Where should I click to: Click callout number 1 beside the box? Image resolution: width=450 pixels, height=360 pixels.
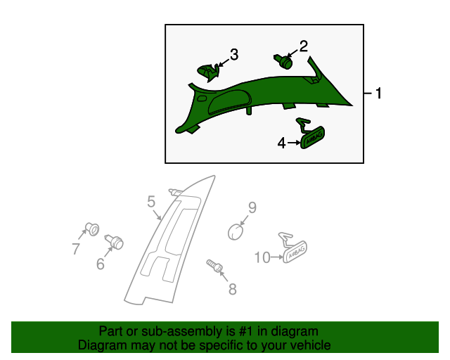click(378, 94)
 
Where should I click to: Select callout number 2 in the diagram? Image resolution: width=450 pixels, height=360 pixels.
click(304, 46)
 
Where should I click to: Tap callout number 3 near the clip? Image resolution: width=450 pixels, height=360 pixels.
click(234, 55)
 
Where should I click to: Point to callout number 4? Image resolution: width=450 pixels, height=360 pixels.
click(281, 143)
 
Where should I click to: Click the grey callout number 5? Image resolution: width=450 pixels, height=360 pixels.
click(151, 202)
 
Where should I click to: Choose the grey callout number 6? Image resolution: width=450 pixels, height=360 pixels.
click(100, 264)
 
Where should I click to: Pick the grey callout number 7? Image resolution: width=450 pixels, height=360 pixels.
click(75, 249)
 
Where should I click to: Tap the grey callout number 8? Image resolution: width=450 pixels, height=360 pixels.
click(233, 289)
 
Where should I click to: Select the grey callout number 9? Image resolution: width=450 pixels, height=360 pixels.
click(252, 207)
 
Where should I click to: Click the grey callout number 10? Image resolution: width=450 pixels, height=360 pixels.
click(262, 257)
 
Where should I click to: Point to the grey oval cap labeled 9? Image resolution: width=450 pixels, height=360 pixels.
click(236, 232)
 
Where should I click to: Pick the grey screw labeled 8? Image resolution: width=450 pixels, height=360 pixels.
click(214, 266)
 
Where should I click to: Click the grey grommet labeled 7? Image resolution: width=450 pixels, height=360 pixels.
click(92, 229)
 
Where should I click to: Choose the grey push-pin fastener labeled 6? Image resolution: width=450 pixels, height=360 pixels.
click(114, 242)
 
